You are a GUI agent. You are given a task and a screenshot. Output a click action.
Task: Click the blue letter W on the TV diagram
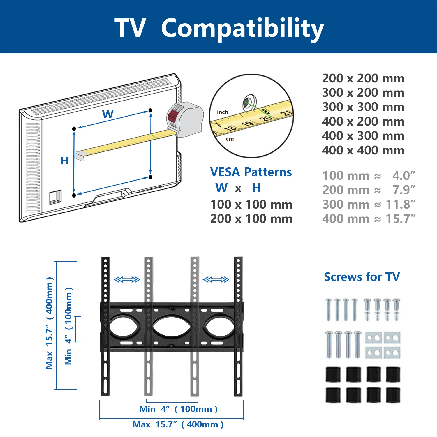pyautogui.click(x=108, y=114)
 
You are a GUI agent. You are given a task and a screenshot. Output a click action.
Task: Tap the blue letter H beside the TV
pyautogui.click(x=64, y=161)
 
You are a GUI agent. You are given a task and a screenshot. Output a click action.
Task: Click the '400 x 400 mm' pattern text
pyautogui.click(x=363, y=151)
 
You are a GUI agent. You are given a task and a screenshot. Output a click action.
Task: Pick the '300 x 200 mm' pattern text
pyautogui.click(x=363, y=93)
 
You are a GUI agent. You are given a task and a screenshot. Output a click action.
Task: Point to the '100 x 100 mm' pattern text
pyautogui.click(x=251, y=205)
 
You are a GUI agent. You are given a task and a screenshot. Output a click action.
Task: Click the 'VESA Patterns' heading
pyautogui.click(x=251, y=172)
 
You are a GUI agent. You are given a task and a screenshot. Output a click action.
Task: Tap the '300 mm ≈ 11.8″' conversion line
pyautogui.click(x=369, y=205)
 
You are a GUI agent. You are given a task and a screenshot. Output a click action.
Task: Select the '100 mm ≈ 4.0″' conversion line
pyautogui.click(x=369, y=176)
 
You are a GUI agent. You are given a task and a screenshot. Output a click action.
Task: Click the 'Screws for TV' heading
pyautogui.click(x=362, y=277)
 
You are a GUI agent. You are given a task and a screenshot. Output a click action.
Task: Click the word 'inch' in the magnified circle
pyautogui.click(x=222, y=112)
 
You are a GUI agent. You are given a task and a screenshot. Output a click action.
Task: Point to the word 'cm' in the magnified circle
pyautogui.click(x=230, y=139)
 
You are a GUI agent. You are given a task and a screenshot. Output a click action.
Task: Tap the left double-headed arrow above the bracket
pyautogui.click(x=127, y=280)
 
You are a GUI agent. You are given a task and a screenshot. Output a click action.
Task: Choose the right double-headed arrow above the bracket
pyautogui.click(x=216, y=280)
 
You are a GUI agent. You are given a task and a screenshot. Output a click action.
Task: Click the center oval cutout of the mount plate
pyautogui.click(x=171, y=327)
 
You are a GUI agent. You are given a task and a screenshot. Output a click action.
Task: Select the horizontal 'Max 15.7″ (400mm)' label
pyautogui.click(x=178, y=424)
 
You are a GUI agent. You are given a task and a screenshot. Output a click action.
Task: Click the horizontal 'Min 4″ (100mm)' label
pyautogui.click(x=178, y=409)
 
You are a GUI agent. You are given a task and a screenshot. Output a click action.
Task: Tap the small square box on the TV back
pyautogui.click(x=55, y=197)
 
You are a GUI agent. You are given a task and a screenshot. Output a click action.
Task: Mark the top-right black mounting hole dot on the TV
pyautogui.click(x=150, y=110)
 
